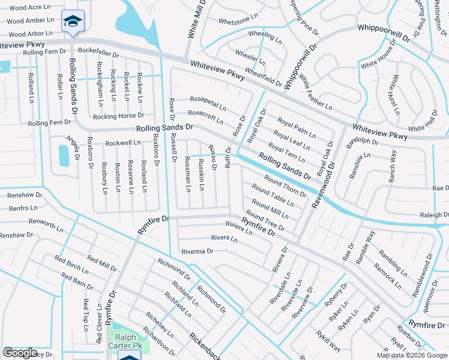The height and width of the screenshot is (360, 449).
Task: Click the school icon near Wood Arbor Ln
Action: coord(73,22)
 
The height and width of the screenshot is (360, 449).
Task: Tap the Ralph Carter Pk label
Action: coord(125,341)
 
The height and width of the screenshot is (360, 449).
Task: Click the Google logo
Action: coord(20,353)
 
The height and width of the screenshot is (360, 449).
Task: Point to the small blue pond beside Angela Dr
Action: coord(64,155)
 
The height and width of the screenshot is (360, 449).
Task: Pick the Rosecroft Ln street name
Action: coord(206,116)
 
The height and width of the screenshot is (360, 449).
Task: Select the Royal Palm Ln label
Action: coord(293,128)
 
